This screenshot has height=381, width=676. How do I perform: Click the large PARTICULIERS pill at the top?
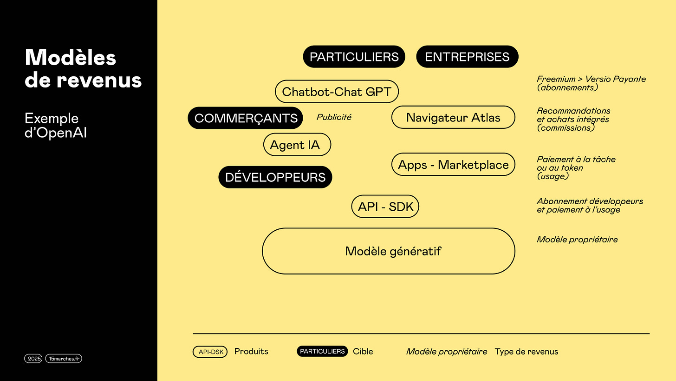(x=354, y=57)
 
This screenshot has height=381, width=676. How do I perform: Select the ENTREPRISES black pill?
(x=467, y=57)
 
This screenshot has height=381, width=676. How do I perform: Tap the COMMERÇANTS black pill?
(x=246, y=118)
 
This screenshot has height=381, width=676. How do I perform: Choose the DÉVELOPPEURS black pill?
(x=275, y=177)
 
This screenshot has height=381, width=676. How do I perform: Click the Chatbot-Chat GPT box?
(x=337, y=92)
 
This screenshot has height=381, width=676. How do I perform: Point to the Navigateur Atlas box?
(x=453, y=117)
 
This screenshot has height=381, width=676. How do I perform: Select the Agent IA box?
(x=297, y=145)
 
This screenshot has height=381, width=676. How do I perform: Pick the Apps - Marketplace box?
(x=453, y=165)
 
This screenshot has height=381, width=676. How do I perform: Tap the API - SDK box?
(x=385, y=207)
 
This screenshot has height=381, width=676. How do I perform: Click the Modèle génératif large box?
(x=389, y=251)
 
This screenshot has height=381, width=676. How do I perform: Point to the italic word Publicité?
(x=334, y=117)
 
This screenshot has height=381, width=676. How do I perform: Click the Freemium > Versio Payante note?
(x=591, y=79)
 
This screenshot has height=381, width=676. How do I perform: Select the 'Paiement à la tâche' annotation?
(x=576, y=160)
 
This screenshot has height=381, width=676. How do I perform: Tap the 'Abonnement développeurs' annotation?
(x=590, y=201)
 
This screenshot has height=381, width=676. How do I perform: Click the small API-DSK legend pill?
(x=210, y=352)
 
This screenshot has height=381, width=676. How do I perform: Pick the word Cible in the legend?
(x=363, y=352)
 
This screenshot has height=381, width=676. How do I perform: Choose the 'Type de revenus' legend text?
(x=526, y=352)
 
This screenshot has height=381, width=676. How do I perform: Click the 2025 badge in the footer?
(x=34, y=359)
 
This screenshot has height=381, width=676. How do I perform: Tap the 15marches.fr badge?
(x=64, y=359)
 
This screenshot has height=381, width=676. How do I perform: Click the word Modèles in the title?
(x=71, y=58)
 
